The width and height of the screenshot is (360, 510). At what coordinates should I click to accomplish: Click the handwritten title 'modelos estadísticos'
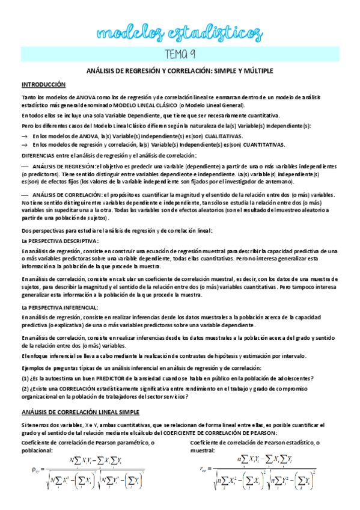(179, 31)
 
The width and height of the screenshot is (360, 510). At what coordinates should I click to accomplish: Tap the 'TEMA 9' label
(180, 55)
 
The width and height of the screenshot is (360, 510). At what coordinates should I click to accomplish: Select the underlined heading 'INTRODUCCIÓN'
(44, 84)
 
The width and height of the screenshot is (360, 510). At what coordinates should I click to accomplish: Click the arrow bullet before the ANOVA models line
(25, 137)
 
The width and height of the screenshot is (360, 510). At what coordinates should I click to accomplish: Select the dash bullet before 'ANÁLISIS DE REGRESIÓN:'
(25, 165)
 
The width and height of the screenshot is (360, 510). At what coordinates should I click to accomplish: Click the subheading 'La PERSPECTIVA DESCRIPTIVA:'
(59, 240)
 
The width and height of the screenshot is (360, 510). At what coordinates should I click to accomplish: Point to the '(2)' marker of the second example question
(25, 389)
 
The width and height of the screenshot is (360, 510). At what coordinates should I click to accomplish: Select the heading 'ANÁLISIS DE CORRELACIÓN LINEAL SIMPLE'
(80, 412)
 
